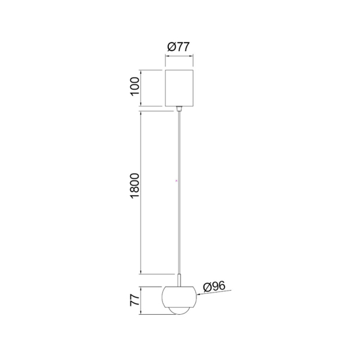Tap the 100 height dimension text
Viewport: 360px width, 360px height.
pyautogui.click(x=135, y=86)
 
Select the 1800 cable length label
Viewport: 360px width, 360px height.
pyautogui.click(x=135, y=190)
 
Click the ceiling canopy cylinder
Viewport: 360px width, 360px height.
pyautogui.click(x=179, y=86)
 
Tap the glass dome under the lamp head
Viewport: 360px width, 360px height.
pyautogui.click(x=179, y=310)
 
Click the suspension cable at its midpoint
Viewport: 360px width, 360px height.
pyautogui.click(x=179, y=193)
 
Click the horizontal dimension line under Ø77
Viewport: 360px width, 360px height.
pyautogui.click(x=179, y=56)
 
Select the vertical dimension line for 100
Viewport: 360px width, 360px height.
pyautogui.click(x=143, y=86)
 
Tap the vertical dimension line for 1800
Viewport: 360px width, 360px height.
pyautogui.click(x=143, y=193)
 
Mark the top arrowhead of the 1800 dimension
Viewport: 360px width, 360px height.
pyautogui.click(x=143, y=113)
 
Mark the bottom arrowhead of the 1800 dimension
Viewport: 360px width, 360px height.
pyautogui.click(x=143, y=273)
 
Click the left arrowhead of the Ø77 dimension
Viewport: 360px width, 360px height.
pyautogui.click(x=165, y=56)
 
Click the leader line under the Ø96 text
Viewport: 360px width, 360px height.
pyautogui.click(x=216, y=292)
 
